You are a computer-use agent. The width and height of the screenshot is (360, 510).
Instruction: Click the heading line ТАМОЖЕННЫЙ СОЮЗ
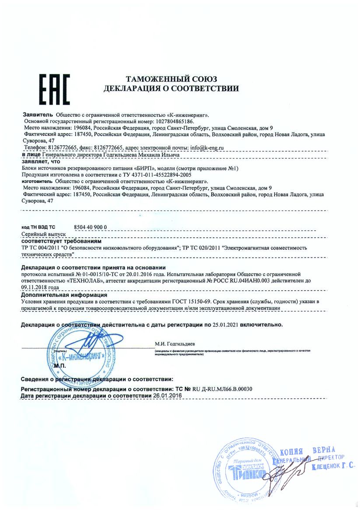pos(171,79)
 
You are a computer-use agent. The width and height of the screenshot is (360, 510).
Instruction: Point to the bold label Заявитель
pos(37,114)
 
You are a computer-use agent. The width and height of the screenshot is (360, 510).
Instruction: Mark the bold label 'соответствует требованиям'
pos(61,241)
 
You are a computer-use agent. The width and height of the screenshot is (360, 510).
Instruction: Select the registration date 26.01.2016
pos(167,395)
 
